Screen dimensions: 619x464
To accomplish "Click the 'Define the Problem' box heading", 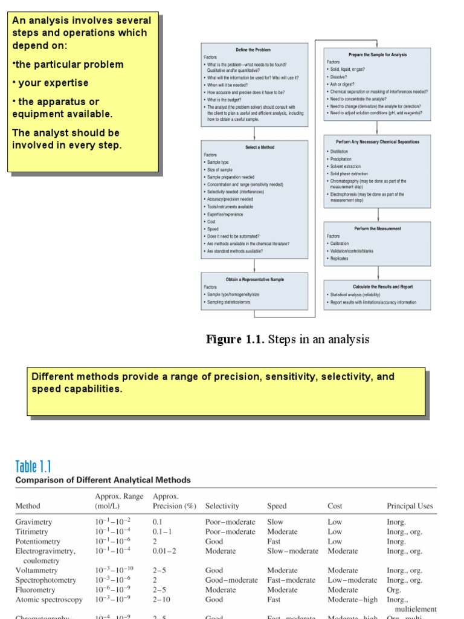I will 253,49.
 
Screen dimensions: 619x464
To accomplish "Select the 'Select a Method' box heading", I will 260,147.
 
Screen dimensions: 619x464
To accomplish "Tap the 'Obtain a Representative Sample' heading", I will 254,279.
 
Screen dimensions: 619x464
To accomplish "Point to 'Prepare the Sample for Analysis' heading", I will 378,54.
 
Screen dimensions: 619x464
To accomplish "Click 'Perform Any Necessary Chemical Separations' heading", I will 377,141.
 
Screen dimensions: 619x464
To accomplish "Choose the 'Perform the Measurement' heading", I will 377,228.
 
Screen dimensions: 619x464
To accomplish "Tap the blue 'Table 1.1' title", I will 33,466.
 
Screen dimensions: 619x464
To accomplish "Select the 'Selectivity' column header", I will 222,506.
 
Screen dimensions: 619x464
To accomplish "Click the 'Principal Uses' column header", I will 410,506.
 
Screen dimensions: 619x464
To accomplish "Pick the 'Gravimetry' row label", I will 33,522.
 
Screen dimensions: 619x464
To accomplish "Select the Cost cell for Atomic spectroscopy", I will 351,600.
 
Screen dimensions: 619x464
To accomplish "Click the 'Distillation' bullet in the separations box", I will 339,151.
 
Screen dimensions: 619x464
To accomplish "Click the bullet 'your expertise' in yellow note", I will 53,83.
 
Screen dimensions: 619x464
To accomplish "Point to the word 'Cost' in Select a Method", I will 211,222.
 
